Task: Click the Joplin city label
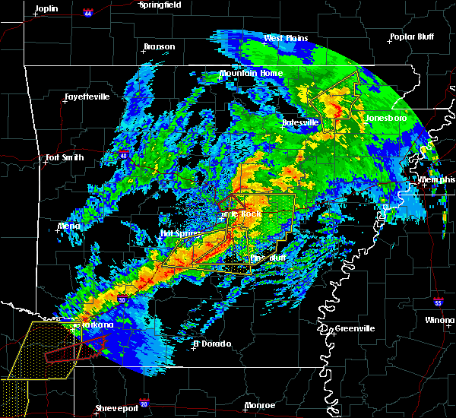[x=49, y=8]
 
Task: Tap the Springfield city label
[x=160, y=5]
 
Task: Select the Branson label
[x=159, y=47]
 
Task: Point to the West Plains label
[x=283, y=38]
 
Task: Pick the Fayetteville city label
[x=86, y=97]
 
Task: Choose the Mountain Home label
[x=251, y=74]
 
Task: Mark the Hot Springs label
[x=179, y=233]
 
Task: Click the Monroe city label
[x=260, y=405]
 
